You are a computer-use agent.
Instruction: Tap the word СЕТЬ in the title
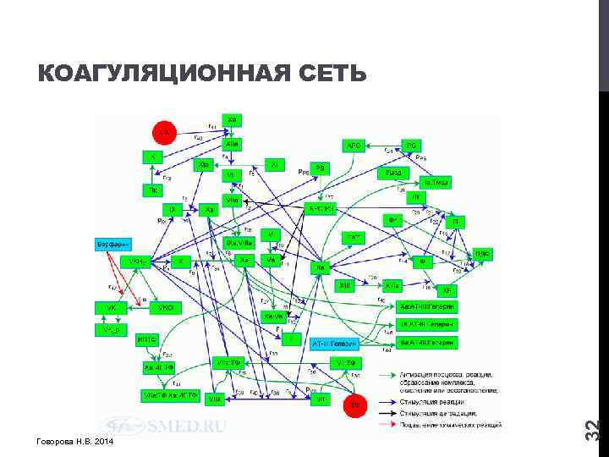pyautogui.click(x=332, y=75)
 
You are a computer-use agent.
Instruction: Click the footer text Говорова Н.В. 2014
pyautogui.click(x=75, y=443)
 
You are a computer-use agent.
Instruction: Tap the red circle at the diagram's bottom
pyautogui.click(x=355, y=405)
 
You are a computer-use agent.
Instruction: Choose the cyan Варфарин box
pyautogui.click(x=113, y=244)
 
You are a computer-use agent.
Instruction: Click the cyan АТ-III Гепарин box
pyautogui.click(x=336, y=344)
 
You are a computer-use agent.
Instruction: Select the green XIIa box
pyautogui.click(x=232, y=144)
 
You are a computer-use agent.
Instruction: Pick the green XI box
pyautogui.click(x=276, y=163)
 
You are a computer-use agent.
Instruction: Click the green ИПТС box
pyautogui.click(x=146, y=339)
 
